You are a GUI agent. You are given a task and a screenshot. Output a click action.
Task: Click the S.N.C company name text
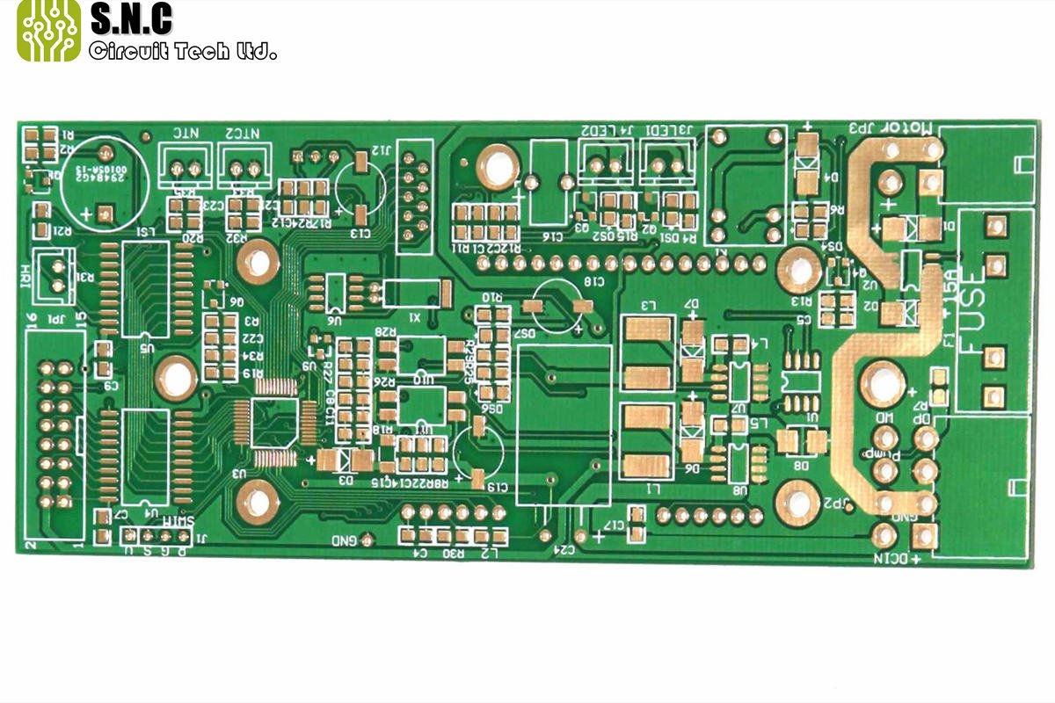click(132, 19)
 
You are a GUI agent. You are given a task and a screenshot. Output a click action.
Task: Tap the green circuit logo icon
click(49, 31)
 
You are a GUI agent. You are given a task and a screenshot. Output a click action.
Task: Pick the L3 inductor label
click(650, 305)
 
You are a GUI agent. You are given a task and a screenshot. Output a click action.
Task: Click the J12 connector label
click(380, 149)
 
